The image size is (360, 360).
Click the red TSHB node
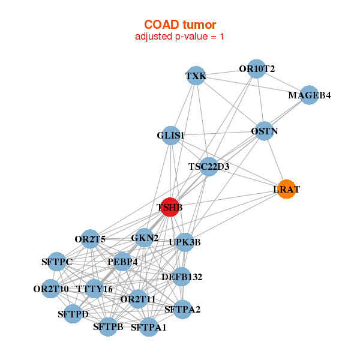click(170, 207)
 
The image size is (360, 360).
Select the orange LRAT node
click(286, 189)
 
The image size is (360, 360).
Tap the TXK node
click(196, 76)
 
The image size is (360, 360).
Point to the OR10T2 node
click(256, 69)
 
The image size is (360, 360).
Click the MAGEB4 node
click(309, 95)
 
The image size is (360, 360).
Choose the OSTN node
click(264, 131)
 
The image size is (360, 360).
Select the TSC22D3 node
click(208, 166)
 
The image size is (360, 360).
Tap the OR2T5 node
click(90, 239)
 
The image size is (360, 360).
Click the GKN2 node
click(144, 238)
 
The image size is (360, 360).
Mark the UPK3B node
click(185, 242)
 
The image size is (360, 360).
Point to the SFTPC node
click(56, 262)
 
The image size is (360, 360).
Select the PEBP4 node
click(122, 262)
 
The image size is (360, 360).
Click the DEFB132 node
click(182, 277)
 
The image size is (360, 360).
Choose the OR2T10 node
click(51, 289)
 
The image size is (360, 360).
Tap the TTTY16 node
click(95, 289)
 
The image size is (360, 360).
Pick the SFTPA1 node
click(149, 327)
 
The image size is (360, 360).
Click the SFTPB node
click(108, 326)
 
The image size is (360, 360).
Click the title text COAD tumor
click(180, 25)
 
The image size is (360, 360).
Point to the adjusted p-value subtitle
click(180, 37)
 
